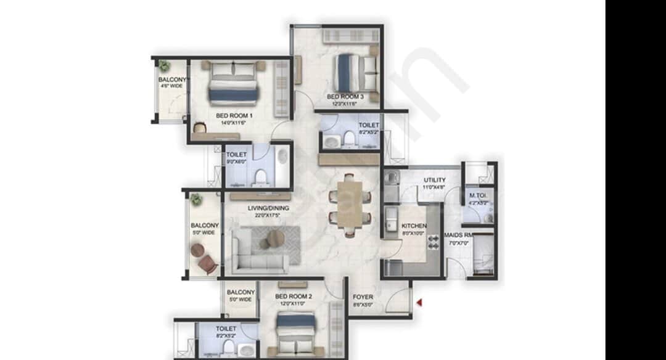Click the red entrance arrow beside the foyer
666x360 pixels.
tap(419, 302)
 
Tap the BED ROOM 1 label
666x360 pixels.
tap(234, 115)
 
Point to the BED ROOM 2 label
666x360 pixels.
tap(294, 297)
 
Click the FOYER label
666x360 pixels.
tap(363, 297)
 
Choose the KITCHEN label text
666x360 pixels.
tap(414, 226)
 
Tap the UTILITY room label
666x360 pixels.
tap(434, 180)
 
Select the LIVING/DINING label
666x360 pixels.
tap(268, 208)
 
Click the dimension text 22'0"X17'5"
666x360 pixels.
tap(268, 216)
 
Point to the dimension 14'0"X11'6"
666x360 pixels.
tap(234, 123)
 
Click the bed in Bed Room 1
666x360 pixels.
tap(233, 83)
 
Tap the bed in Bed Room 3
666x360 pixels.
tap(356, 73)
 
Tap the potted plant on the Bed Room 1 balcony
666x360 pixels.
tap(164, 65)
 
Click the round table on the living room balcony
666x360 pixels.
tap(197, 250)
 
